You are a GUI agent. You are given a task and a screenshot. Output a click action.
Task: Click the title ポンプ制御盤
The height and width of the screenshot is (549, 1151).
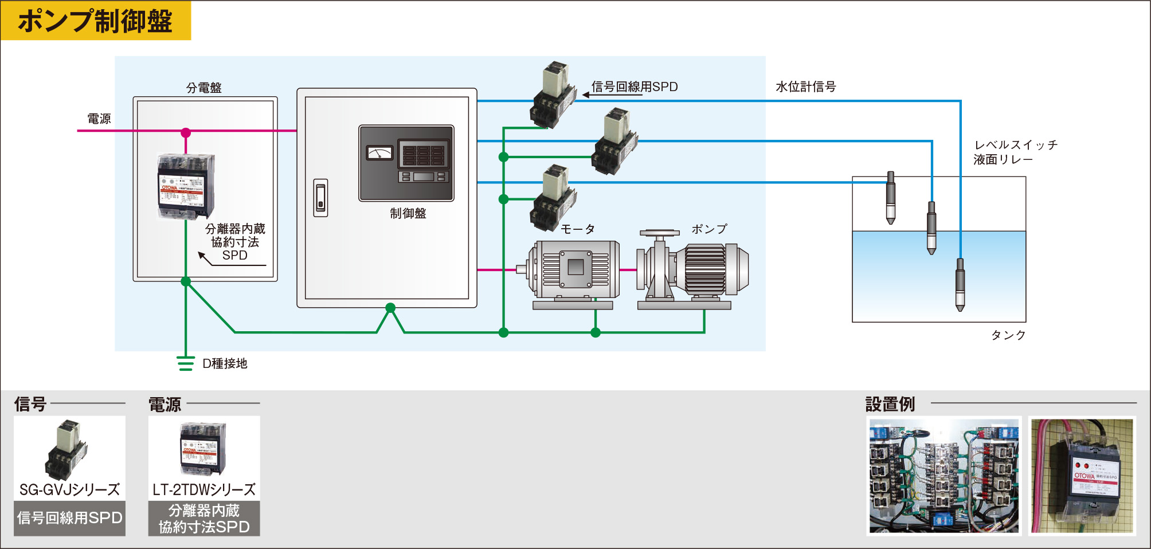[x=95, y=21]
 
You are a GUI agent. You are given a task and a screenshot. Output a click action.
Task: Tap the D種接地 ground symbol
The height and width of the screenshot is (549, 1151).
[x=185, y=363]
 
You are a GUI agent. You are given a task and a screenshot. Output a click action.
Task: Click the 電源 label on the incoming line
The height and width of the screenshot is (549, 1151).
[x=99, y=119]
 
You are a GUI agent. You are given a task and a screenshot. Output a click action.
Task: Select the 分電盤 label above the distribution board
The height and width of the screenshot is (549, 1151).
[x=203, y=88]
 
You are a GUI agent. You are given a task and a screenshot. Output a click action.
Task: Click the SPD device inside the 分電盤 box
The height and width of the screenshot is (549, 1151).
[x=186, y=186]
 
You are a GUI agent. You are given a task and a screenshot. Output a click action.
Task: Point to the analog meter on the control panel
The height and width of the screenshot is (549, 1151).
[x=379, y=152]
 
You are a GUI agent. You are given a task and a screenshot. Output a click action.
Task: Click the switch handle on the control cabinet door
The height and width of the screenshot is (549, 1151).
[x=320, y=197]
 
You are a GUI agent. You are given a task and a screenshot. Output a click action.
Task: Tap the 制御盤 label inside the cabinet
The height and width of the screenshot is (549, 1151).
[x=408, y=213]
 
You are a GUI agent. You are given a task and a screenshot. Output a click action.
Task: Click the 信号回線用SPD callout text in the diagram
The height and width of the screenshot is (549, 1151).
[x=635, y=87]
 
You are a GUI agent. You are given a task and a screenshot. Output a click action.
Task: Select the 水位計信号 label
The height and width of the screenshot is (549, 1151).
[x=805, y=87]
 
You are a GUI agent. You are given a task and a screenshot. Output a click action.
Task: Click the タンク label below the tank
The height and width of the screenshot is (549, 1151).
[x=1008, y=335]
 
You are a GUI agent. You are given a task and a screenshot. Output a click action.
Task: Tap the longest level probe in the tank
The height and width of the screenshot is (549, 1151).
[x=960, y=284]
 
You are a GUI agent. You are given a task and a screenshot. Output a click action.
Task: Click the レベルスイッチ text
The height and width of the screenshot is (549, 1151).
[x=1016, y=145]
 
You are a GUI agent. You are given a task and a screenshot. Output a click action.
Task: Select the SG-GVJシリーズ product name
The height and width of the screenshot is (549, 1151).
[x=69, y=489]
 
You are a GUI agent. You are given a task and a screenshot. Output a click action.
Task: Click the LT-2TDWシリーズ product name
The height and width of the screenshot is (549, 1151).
[x=203, y=489]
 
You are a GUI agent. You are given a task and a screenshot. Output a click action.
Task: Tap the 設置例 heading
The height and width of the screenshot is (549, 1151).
[x=890, y=404]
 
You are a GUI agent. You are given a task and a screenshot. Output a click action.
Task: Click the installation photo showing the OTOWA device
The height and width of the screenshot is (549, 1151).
[x=1082, y=476]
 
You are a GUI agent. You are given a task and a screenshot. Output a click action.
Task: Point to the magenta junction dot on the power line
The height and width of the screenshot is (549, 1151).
[x=186, y=133]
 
